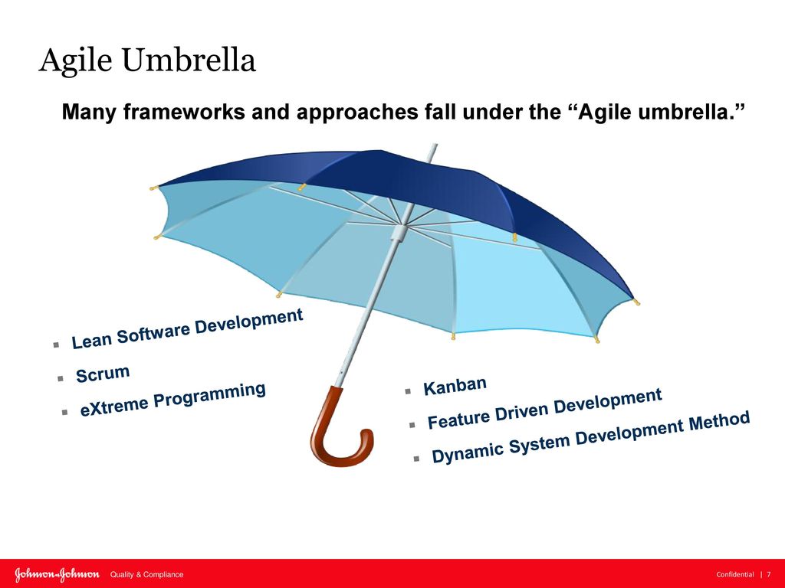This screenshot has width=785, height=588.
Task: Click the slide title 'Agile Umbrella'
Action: click(147, 61)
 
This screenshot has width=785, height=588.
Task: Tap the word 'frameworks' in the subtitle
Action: click(183, 112)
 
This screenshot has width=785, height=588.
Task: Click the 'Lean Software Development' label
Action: click(187, 328)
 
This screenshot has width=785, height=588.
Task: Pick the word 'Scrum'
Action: click(103, 374)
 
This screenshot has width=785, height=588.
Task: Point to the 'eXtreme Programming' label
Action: click(172, 400)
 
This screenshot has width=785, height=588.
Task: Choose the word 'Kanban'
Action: click(455, 386)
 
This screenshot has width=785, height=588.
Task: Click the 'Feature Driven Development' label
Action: click(545, 409)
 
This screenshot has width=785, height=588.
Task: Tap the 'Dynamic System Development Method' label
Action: click(591, 436)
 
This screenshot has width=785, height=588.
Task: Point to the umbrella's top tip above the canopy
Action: click(434, 146)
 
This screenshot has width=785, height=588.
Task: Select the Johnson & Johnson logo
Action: click(57, 574)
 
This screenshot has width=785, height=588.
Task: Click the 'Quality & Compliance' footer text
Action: click(146, 574)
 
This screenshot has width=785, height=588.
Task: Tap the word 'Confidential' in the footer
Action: click(735, 574)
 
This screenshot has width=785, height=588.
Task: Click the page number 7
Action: click(768, 574)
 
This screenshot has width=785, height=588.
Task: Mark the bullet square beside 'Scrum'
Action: click(61, 378)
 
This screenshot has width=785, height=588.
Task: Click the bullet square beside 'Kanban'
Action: click(408, 391)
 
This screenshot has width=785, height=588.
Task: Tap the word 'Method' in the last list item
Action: click(719, 423)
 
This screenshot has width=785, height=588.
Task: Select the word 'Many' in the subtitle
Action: click(89, 112)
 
